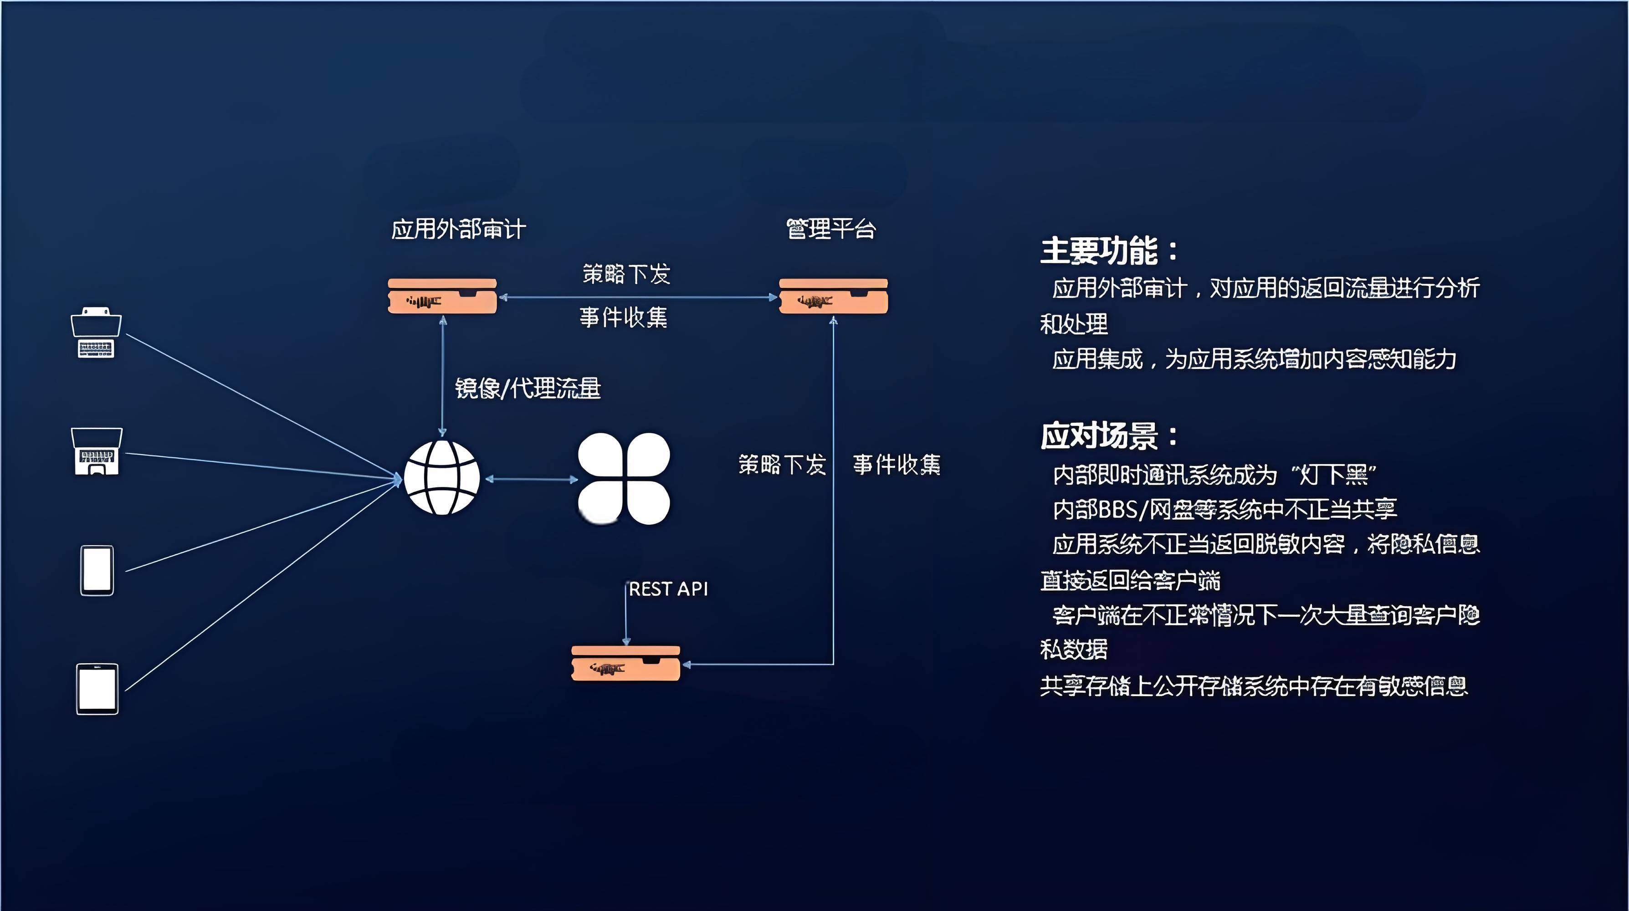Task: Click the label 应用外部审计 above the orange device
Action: tap(458, 229)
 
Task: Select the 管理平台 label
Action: tap(831, 229)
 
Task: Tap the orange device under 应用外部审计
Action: tap(442, 296)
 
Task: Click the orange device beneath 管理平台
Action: tap(833, 296)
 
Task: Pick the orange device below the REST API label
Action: tap(625, 663)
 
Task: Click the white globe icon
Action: tap(442, 477)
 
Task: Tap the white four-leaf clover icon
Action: tap(624, 479)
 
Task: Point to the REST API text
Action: tap(668, 589)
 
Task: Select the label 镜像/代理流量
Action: tap(528, 388)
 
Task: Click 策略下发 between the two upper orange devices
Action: tap(626, 274)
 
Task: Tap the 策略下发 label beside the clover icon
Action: tap(782, 465)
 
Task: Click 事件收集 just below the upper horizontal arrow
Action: tap(624, 317)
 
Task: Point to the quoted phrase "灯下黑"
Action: tap(1334, 474)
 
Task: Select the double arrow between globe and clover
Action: tap(531, 479)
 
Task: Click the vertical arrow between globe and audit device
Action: tap(443, 376)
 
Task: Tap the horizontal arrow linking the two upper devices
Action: tap(639, 297)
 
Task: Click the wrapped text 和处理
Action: tap(1074, 324)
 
